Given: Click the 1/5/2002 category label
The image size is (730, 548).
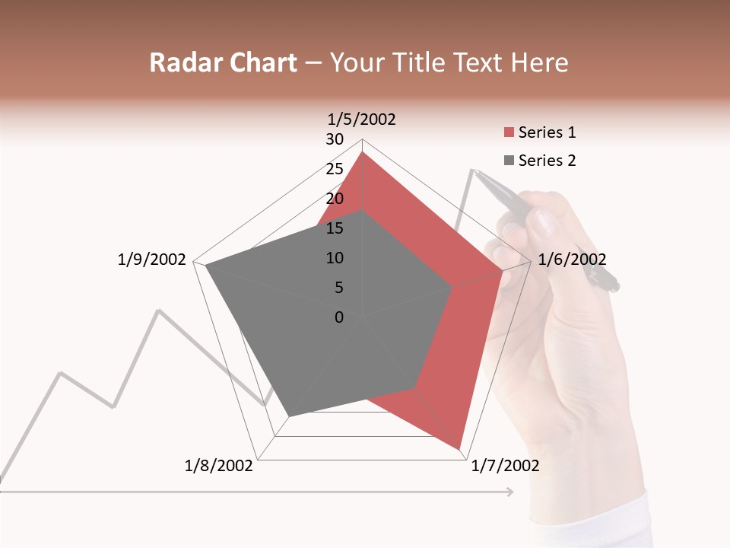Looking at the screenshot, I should (x=362, y=119).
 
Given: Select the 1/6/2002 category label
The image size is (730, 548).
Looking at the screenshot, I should (x=572, y=260).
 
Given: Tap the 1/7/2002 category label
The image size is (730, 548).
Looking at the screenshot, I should (x=505, y=466).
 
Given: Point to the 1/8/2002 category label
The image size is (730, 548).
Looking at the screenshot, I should (x=218, y=466).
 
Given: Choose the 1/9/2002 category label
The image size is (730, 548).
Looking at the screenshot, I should (x=151, y=260).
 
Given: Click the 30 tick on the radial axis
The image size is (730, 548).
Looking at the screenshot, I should (x=335, y=139).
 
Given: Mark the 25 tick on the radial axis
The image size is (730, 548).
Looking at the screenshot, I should (x=335, y=169).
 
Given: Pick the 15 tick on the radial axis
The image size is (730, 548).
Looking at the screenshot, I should (x=335, y=228).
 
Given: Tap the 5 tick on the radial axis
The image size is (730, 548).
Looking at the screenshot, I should (x=338, y=288).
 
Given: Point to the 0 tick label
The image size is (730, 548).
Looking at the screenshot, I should (x=339, y=317).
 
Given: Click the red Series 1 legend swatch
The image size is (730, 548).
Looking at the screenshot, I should (x=509, y=132).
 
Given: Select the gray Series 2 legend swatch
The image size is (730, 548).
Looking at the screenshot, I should (x=509, y=161).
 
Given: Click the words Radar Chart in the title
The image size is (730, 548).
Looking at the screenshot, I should (x=223, y=62).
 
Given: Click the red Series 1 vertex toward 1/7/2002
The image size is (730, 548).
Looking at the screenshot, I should (x=459, y=449).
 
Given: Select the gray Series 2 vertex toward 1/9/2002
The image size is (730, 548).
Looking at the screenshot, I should (x=206, y=266).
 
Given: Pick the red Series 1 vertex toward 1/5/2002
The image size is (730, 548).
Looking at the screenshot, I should (x=363, y=152).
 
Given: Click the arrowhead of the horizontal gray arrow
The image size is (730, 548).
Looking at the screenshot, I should (x=509, y=492).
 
